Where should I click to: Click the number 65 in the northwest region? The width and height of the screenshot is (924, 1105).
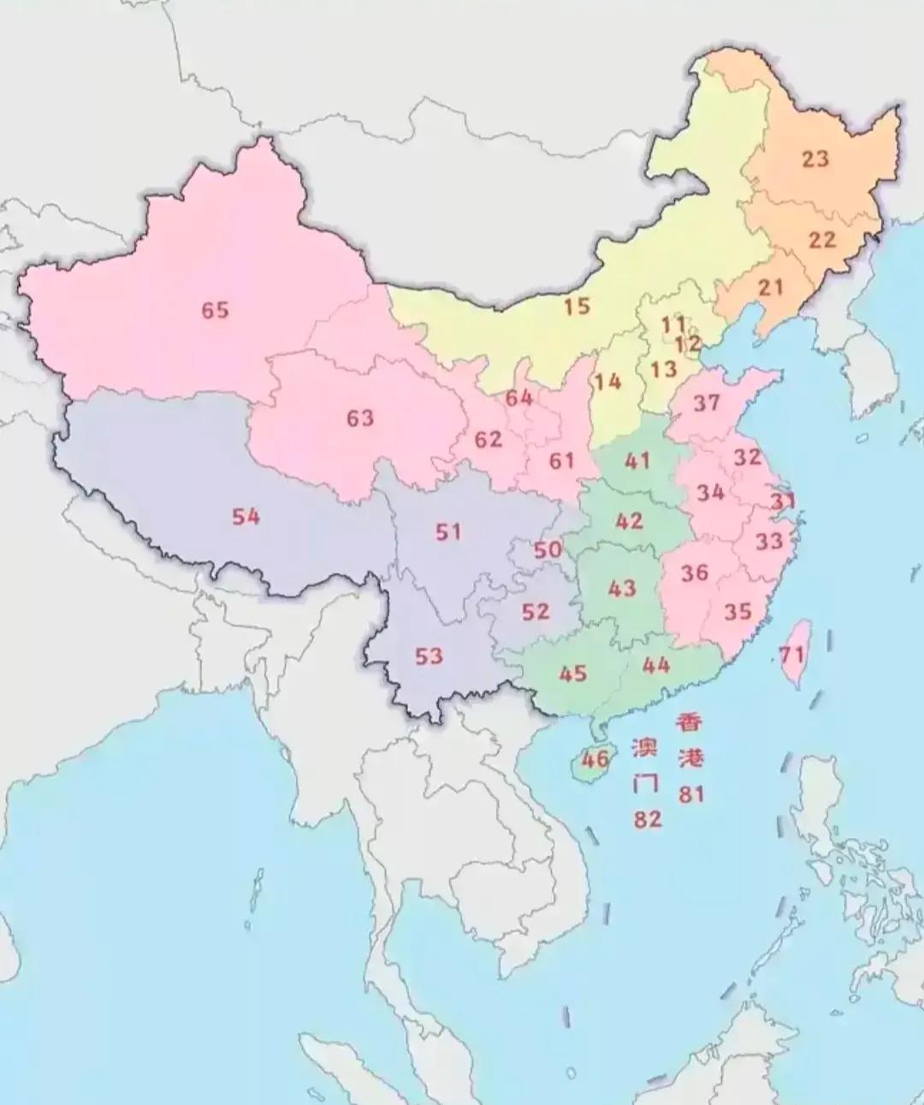[216, 310]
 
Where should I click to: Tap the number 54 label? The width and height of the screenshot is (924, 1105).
[246, 516]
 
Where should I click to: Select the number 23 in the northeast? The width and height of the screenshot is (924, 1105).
[815, 158]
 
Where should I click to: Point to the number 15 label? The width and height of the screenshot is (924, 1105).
[577, 306]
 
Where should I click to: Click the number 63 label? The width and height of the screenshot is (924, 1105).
[360, 418]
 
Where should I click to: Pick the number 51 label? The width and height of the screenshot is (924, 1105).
[448, 532]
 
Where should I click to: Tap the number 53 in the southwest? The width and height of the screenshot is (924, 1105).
[429, 656]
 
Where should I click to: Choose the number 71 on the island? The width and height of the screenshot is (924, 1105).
[792, 656]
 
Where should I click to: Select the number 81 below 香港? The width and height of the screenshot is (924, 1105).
[691, 794]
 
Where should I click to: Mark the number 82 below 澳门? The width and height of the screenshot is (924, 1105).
[648, 819]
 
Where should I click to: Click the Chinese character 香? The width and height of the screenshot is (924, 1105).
[690, 723]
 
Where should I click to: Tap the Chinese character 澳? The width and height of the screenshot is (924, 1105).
[646, 748]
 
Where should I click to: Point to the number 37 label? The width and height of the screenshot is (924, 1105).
[707, 402]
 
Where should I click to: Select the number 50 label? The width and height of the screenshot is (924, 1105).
[548, 550]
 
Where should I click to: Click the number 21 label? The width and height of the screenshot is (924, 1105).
[771, 287]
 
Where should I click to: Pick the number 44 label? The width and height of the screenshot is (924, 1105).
[656, 664]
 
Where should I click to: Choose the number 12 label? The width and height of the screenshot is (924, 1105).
[688, 344]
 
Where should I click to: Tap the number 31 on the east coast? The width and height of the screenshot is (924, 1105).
[783, 502]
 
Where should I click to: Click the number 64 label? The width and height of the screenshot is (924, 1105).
[518, 398]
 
